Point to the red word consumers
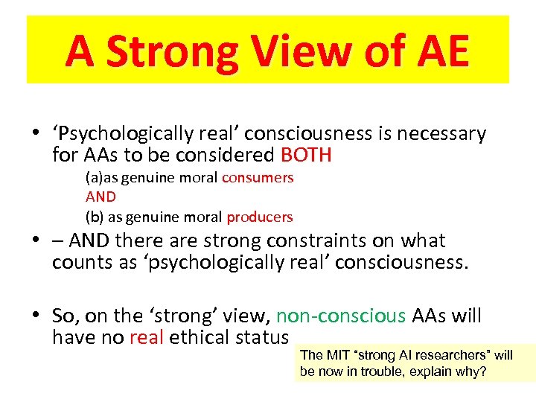[258, 178]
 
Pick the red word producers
[260, 217]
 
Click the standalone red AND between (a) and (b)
[100, 197]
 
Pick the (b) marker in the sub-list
[95, 217]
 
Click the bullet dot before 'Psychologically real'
[34, 135]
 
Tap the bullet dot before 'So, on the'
[34, 316]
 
